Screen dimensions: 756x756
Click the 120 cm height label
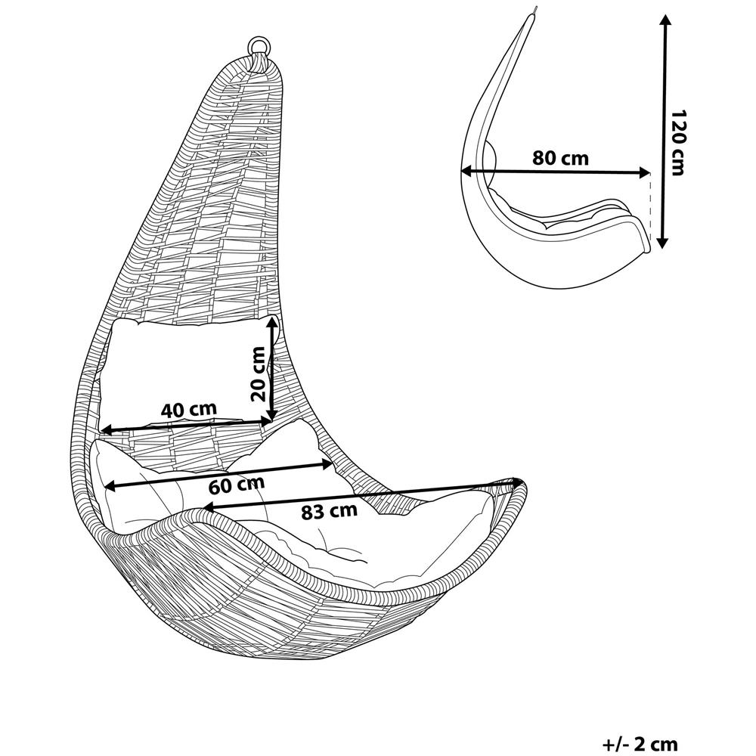pyautogui.click(x=678, y=143)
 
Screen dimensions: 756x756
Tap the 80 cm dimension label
pyautogui.click(x=560, y=158)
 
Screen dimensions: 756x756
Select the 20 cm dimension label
pyautogui.click(x=258, y=373)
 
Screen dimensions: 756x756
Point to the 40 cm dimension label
pyautogui.click(x=188, y=410)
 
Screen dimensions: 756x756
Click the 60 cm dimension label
pyautogui.click(x=237, y=485)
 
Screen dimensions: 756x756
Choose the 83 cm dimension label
pyautogui.click(x=330, y=511)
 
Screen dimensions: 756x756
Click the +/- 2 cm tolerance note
pyautogui.click(x=640, y=744)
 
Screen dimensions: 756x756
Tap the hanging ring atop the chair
pyautogui.click(x=259, y=47)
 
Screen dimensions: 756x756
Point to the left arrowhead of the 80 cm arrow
pyautogui.click(x=466, y=170)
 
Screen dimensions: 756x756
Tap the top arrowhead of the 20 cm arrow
pyautogui.click(x=273, y=321)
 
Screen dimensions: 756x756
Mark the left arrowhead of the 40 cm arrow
pyautogui.click(x=105, y=429)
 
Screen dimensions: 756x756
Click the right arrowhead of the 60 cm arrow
pyautogui.click(x=328, y=464)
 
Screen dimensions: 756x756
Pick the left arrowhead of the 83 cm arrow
pyautogui.click(x=207, y=507)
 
